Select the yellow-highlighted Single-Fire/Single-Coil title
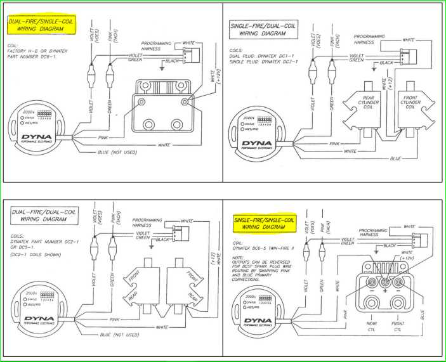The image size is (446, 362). point(264,223)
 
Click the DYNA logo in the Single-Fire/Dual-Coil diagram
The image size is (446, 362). point(256,143)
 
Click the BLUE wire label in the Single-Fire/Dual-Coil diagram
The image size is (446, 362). point(395,158)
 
